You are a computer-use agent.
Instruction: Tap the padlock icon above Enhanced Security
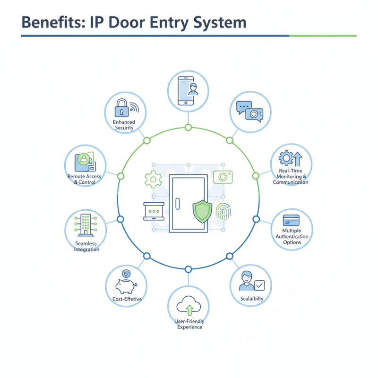122,109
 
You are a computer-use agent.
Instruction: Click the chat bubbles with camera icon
249,112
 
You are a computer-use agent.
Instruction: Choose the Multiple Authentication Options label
292,236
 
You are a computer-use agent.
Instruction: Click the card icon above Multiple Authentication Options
291,220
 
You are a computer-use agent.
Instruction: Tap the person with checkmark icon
251,282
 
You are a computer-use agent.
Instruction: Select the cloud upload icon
189,306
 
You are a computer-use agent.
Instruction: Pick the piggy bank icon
125,286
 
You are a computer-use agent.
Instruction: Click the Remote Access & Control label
85,179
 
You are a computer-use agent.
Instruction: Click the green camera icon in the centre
222,176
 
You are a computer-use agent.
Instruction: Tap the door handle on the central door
178,204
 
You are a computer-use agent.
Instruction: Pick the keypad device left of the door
153,211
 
